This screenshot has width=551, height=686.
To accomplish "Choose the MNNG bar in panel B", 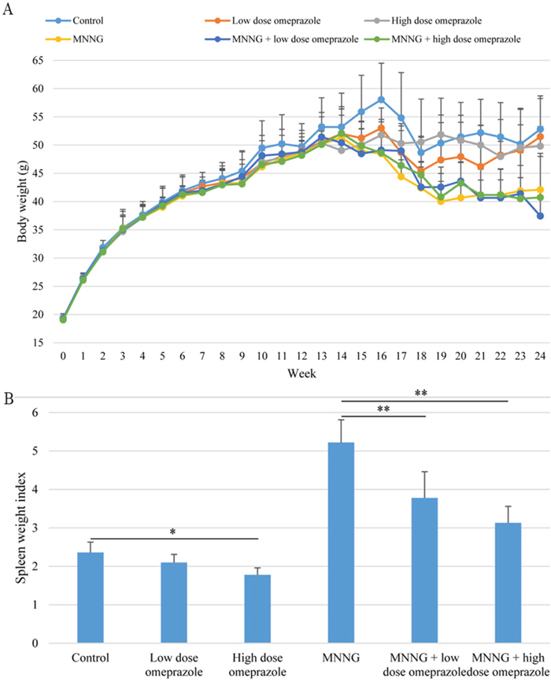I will coord(341,543).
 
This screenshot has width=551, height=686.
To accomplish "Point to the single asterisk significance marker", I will coord(174,532).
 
